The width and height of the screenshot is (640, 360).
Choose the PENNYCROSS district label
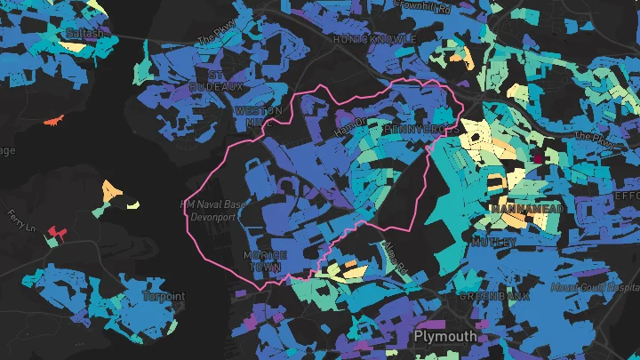tap(421, 130)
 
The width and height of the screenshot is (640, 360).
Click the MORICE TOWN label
tap(264, 260)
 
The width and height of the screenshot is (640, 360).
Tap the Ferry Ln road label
tap(19, 220)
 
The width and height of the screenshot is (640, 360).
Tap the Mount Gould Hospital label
tap(595, 289)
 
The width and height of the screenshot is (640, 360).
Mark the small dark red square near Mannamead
tap(537, 159)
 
